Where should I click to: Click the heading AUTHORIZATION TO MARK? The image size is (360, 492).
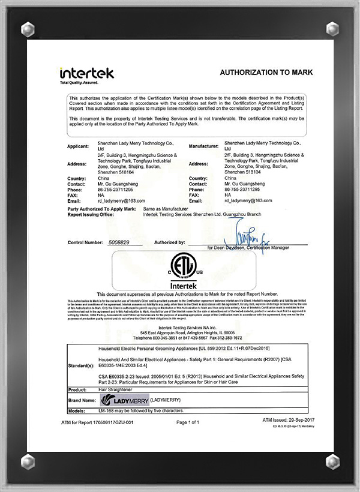click(x=266, y=73)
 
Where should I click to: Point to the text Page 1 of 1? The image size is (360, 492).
click(x=187, y=422)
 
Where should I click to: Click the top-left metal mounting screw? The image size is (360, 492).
click(x=28, y=28)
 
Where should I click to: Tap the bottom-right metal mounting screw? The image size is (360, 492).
click(x=332, y=461)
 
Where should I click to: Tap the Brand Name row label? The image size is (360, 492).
click(x=81, y=400)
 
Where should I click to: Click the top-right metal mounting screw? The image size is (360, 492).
click(x=332, y=28)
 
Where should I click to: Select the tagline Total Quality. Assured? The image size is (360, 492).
click(x=79, y=82)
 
